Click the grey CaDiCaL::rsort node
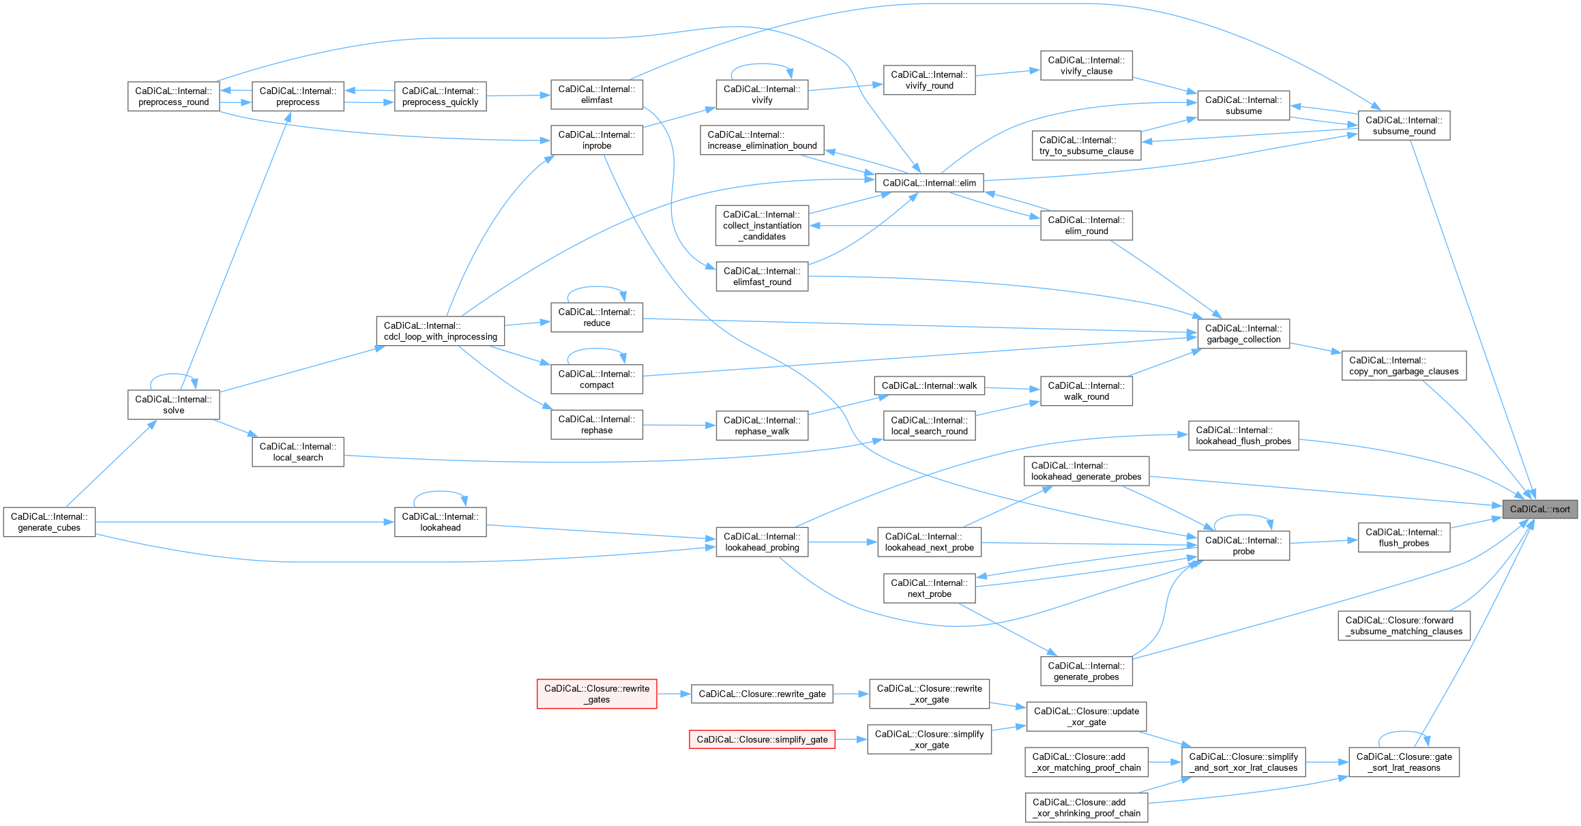click(1539, 509)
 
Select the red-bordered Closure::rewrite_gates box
click(597, 694)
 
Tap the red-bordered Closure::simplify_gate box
click(762, 739)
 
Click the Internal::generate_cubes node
click(49, 522)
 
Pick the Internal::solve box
click(173, 404)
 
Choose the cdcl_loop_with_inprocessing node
click(440, 331)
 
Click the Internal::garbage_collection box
click(1243, 334)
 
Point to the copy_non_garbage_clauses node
click(1404, 366)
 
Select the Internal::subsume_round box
click(1404, 126)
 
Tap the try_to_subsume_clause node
click(1086, 145)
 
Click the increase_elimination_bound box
click(762, 140)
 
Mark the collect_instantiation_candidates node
click(762, 225)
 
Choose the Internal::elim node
click(929, 183)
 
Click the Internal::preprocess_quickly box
click(440, 96)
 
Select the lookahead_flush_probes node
click(1243, 435)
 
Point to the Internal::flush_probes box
click(1404, 537)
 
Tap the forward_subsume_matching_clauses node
click(1404, 625)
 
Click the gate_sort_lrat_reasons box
click(1404, 762)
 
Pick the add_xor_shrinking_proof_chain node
click(1086, 808)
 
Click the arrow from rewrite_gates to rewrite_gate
click(674, 694)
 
